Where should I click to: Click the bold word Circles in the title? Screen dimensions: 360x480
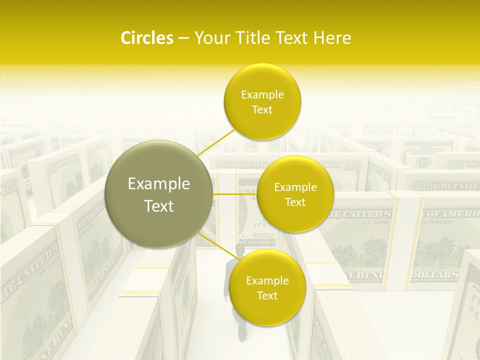146,38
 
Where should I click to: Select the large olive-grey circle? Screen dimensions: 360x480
158,194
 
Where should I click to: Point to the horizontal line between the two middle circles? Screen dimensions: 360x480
235,193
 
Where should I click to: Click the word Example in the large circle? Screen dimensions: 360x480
158,184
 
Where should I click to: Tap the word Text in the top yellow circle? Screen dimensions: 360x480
262,110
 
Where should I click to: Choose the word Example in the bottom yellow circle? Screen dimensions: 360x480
267,280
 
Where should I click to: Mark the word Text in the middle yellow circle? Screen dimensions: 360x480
295,202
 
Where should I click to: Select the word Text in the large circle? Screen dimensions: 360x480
158,206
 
